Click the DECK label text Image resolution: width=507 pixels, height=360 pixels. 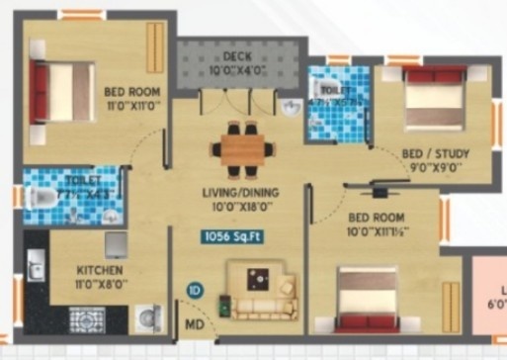tap(236, 56)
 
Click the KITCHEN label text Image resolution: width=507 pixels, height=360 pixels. tap(100, 269)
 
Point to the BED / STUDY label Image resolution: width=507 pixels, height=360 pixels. tap(435, 155)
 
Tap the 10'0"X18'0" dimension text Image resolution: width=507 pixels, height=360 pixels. tap(239, 206)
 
